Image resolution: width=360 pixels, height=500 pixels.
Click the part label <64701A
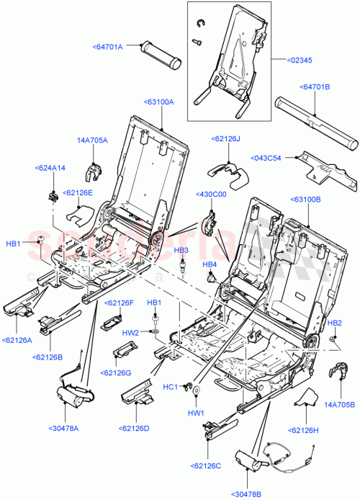(x=108, y=48)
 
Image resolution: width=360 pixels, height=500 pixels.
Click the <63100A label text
(x=158, y=102)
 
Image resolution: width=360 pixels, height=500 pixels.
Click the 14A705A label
(x=92, y=141)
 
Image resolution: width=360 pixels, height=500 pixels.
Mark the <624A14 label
(x=50, y=168)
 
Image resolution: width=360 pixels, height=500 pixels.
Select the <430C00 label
(x=211, y=195)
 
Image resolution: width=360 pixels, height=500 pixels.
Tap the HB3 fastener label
(x=181, y=250)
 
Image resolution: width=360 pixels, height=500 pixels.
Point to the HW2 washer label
(x=130, y=333)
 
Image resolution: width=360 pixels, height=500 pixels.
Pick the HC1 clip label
(x=171, y=387)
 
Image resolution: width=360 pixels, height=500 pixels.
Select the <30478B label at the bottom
(x=248, y=493)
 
